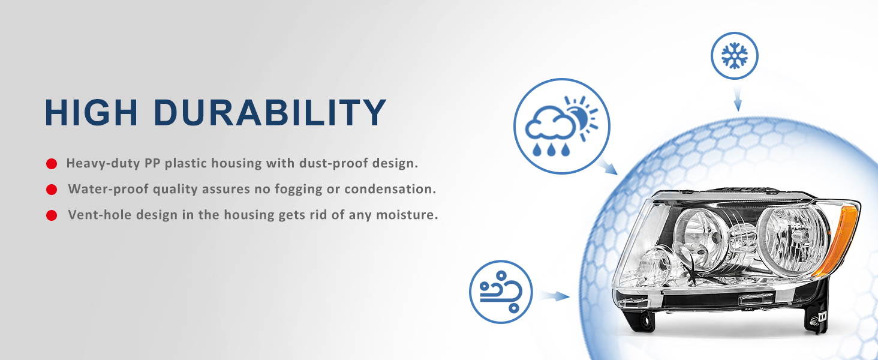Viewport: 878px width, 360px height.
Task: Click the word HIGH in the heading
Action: pos(91,112)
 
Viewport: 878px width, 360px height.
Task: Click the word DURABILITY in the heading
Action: pos(270,112)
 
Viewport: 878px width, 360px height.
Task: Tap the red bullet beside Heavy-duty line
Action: pos(52,164)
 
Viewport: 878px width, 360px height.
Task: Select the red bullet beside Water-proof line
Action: pos(52,190)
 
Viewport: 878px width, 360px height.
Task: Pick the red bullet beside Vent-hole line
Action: pos(52,215)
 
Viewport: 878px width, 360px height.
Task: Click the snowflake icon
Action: pos(735,56)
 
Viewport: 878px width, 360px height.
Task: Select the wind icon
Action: pos(501,292)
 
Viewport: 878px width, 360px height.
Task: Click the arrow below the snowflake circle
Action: pos(737,99)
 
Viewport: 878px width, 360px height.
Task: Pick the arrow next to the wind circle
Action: pos(555,296)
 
